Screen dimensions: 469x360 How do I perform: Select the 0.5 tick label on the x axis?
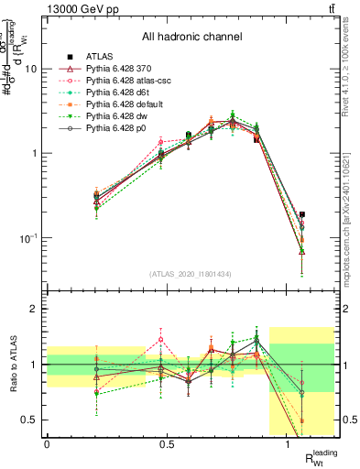tap(168, 443)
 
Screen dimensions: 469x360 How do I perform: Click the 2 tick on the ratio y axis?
tap(36, 310)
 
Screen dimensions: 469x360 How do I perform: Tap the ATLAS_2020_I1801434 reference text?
tap(191, 273)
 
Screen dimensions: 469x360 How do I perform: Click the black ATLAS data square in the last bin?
tap(302, 214)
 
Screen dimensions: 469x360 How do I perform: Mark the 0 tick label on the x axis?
tap(47, 443)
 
